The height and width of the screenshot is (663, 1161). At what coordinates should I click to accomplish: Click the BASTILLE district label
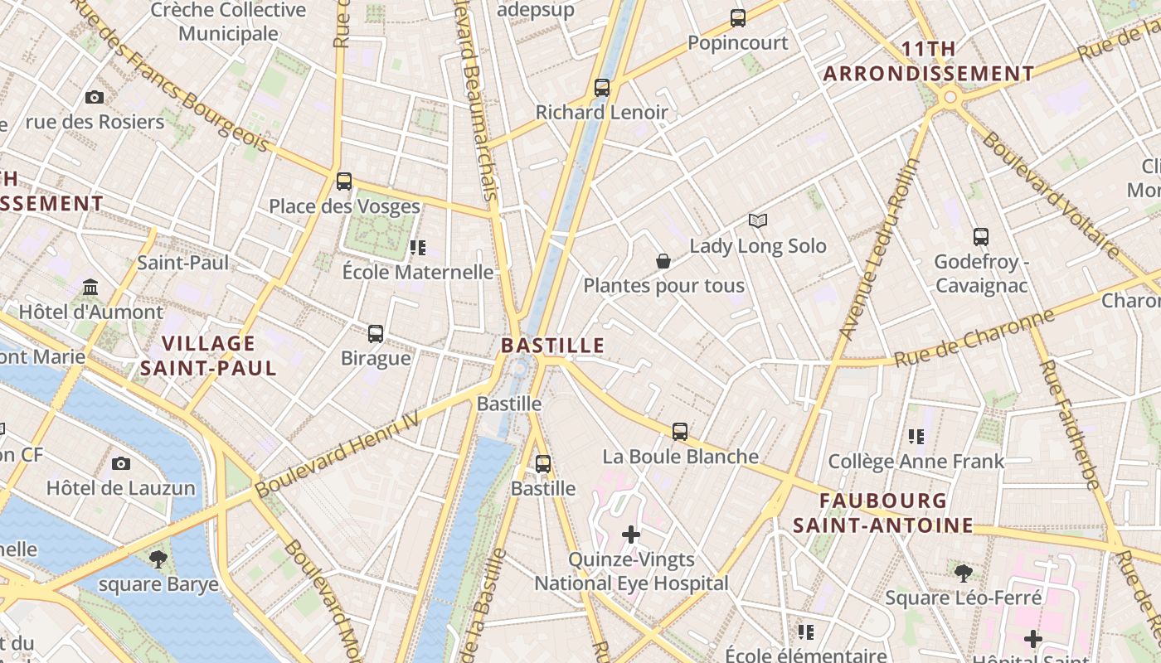pyautogui.click(x=553, y=346)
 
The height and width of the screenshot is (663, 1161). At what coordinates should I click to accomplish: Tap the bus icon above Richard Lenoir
pyautogui.click(x=602, y=87)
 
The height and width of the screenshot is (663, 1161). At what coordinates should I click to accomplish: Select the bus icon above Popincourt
pyautogui.click(x=737, y=17)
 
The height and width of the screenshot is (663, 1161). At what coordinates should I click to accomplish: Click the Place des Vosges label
pyautogui.click(x=344, y=206)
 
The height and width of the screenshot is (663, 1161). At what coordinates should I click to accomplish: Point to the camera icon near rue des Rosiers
pyautogui.click(x=95, y=97)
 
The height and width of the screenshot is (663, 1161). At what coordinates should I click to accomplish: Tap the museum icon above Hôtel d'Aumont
pyautogui.click(x=90, y=288)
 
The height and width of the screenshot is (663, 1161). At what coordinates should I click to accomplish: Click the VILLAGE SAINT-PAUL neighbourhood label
pyautogui.click(x=208, y=356)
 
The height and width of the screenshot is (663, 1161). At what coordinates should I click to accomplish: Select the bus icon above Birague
pyautogui.click(x=376, y=333)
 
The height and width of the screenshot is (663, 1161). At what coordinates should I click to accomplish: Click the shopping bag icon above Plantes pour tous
pyautogui.click(x=663, y=261)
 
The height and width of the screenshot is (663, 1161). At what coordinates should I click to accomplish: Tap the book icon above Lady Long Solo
pyautogui.click(x=758, y=220)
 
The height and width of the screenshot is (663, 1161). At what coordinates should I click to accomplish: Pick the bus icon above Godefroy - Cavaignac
pyautogui.click(x=981, y=236)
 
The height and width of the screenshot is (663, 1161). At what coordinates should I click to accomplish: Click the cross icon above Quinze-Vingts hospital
pyautogui.click(x=631, y=535)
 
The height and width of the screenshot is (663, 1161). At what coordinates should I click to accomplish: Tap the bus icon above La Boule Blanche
pyautogui.click(x=680, y=431)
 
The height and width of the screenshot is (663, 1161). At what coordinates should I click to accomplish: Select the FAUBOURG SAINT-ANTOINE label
pyautogui.click(x=883, y=513)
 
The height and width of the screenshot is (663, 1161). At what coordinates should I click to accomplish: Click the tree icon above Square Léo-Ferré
pyautogui.click(x=963, y=572)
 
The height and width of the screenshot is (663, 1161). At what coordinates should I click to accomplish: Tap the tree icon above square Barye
pyautogui.click(x=158, y=559)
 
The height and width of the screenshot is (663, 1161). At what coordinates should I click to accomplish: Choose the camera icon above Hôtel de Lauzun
pyautogui.click(x=121, y=462)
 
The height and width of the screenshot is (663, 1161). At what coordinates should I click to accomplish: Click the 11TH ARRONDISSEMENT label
pyautogui.click(x=929, y=61)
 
